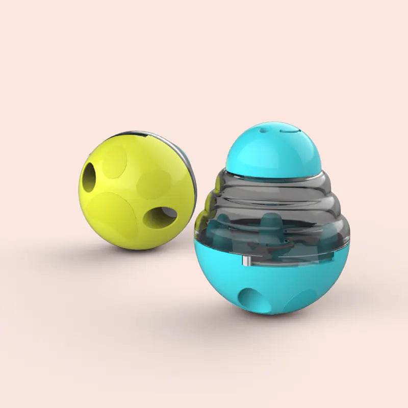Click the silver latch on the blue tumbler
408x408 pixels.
click(x=244, y=262)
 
